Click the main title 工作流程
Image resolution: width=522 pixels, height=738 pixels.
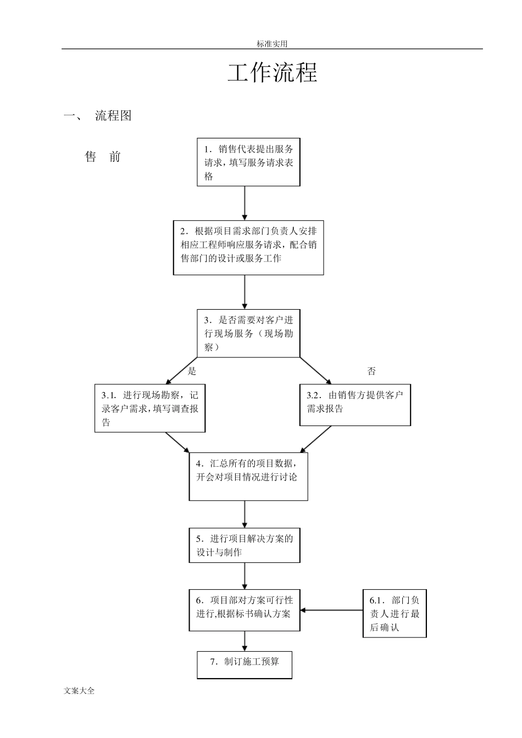(273, 73)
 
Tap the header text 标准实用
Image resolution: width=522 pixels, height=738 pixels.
(272, 44)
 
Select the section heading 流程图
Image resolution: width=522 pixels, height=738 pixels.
(113, 116)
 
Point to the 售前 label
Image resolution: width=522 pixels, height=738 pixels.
(103, 157)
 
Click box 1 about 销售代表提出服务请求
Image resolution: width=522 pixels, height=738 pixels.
(248, 163)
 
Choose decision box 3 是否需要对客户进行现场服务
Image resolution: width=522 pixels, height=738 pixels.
(248, 333)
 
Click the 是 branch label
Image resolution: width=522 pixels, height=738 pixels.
(192, 371)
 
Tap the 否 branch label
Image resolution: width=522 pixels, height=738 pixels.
(371, 371)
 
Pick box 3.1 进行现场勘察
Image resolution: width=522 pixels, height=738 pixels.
(149, 409)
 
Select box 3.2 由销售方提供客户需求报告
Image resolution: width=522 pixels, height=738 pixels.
(355, 405)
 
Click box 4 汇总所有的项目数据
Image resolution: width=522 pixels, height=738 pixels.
(248, 476)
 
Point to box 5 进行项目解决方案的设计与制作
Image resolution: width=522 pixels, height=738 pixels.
(245, 545)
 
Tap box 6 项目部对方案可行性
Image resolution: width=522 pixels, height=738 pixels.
(245, 610)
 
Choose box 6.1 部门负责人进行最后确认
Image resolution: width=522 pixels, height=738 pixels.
(395, 613)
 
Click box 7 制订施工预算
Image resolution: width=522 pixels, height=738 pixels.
(245, 664)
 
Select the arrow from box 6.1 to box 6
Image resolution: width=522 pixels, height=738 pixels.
(331, 610)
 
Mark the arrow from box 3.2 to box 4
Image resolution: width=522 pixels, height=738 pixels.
(316, 439)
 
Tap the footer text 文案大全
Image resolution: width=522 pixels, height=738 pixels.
(79, 691)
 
